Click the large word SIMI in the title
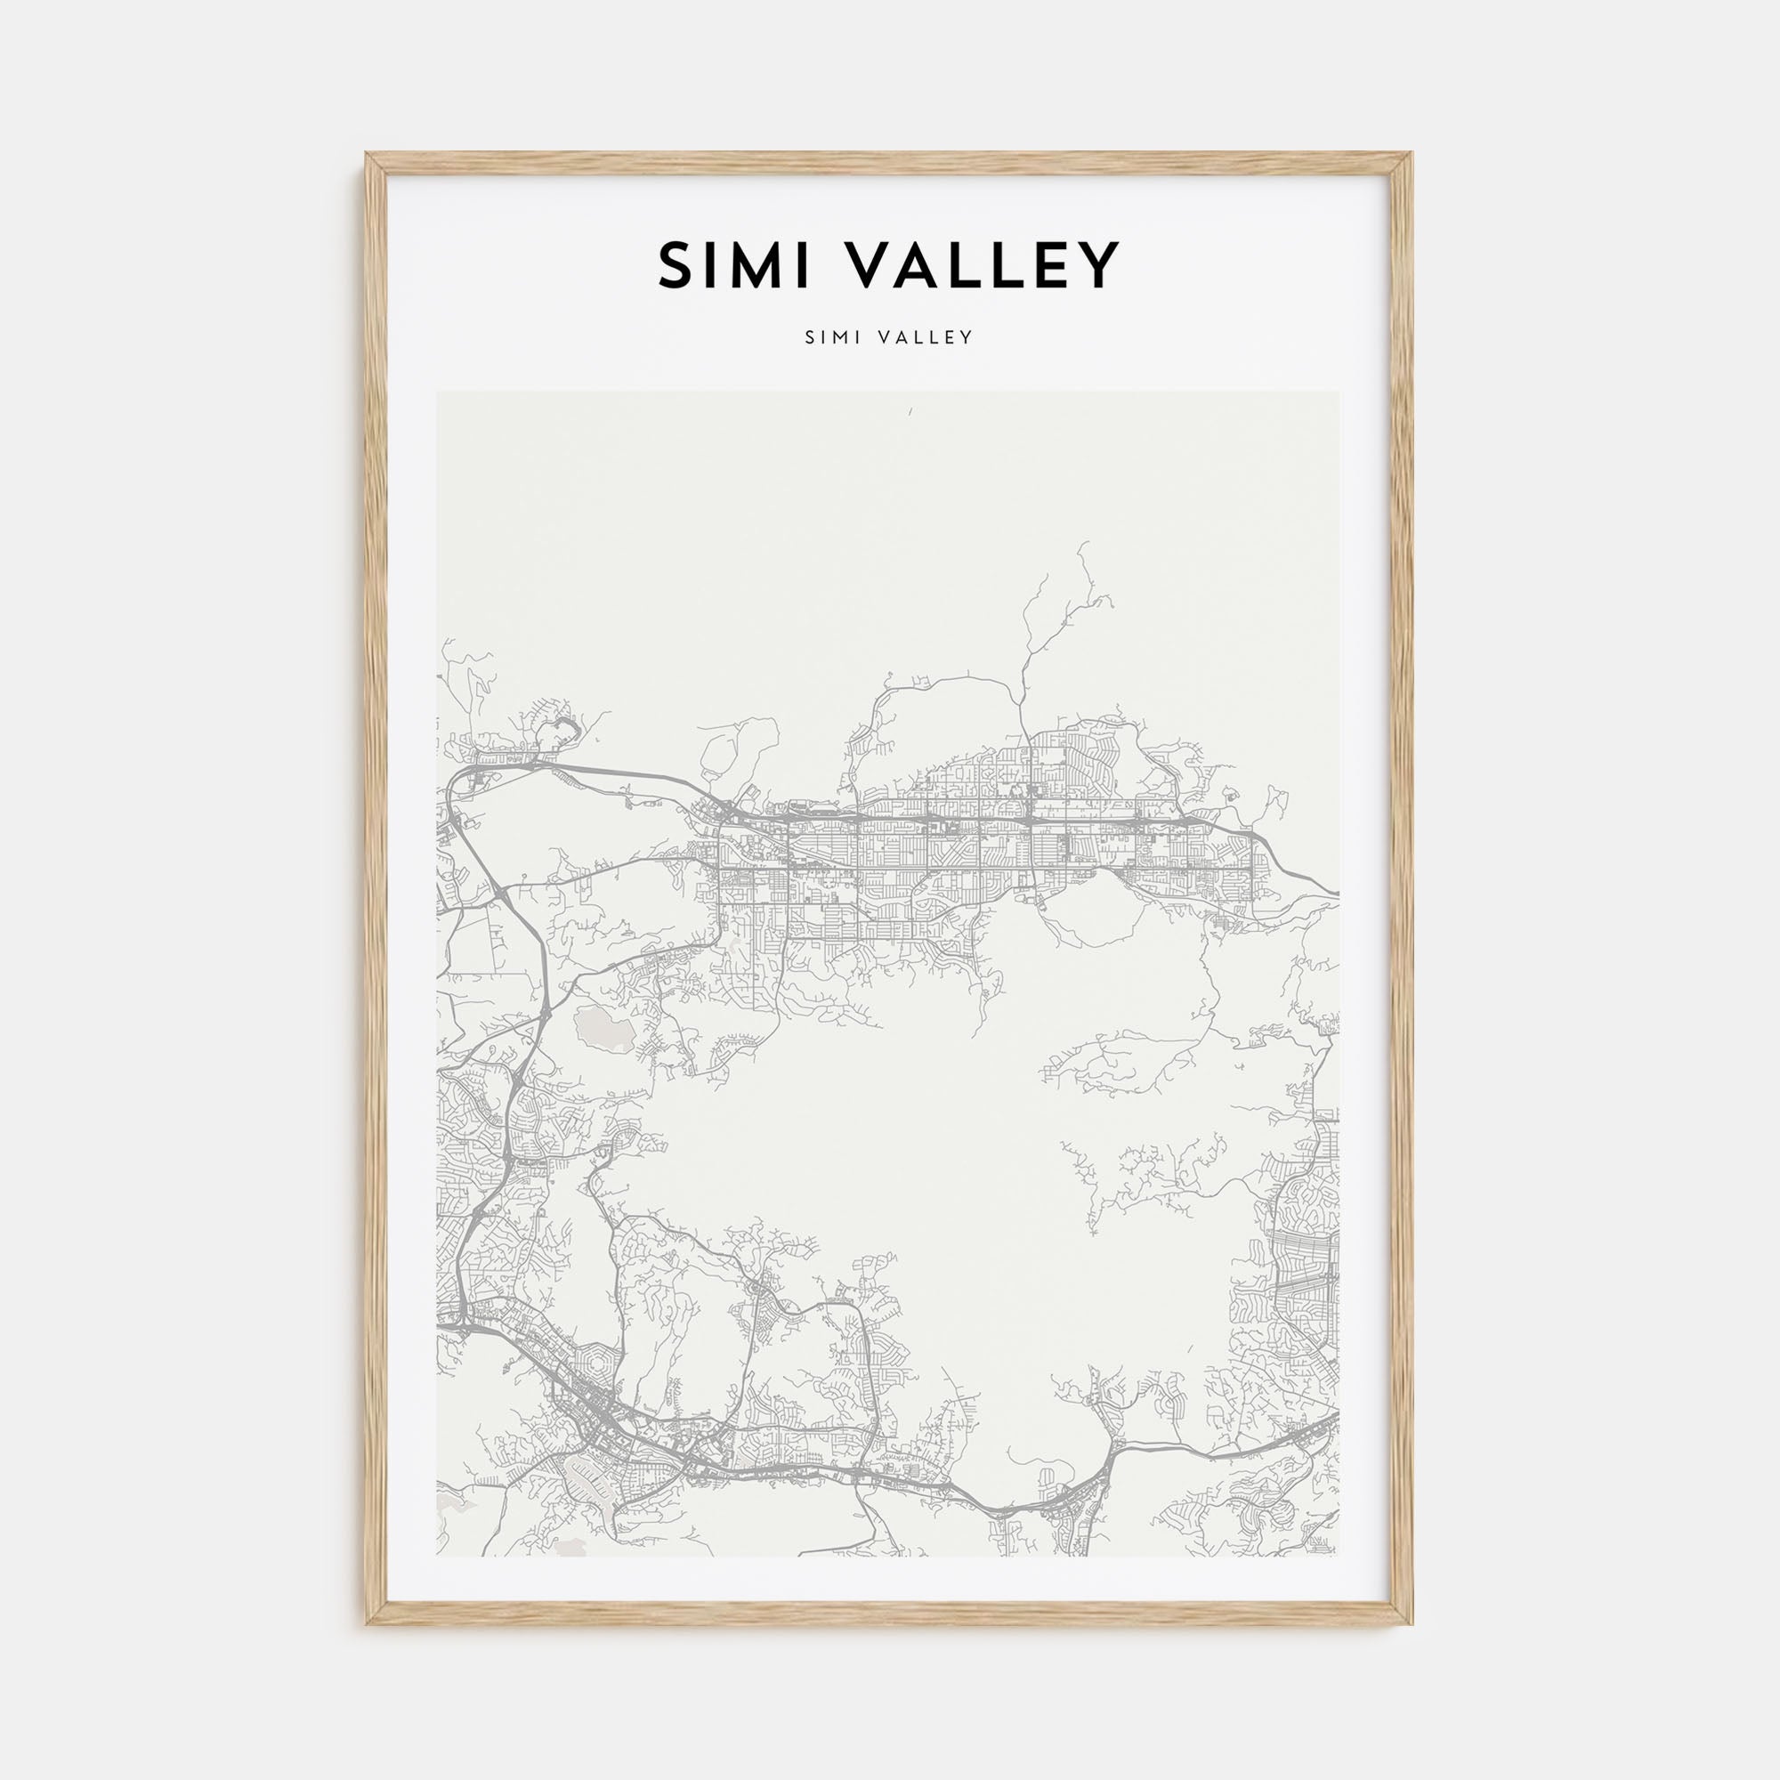pyautogui.click(x=733, y=265)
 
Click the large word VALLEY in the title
pyautogui.click(x=980, y=265)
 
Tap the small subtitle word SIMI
pyautogui.click(x=832, y=337)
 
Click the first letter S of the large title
pyautogui.click(x=677, y=265)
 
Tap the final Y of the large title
pyautogui.click(x=1099, y=265)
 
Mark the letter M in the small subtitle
pyautogui.click(x=837, y=337)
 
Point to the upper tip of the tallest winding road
pyautogui.click(x=1080, y=544)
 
